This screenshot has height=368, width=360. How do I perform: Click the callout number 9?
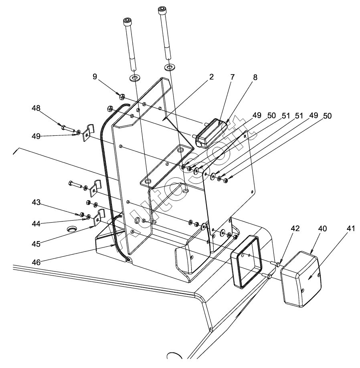coord(95,76)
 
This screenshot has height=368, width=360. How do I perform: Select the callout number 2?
coord(211,77)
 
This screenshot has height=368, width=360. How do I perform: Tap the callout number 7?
coord(233,77)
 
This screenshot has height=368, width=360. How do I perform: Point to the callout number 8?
coord(255,77)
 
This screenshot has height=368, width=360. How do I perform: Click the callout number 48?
coord(36,108)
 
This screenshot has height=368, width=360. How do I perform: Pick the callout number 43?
coord(36,202)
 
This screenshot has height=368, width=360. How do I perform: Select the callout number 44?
coord(36,224)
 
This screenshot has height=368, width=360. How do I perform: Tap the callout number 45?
coord(36,244)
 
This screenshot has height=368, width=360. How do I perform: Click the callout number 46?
coord(36,262)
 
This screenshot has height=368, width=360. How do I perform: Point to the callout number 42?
coord(295,228)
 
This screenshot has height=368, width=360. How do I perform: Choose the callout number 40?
coord(322,228)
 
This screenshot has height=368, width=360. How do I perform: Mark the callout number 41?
coord(351,228)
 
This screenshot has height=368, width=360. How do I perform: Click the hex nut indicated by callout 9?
coord(122,96)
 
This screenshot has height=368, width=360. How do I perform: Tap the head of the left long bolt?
coord(127,22)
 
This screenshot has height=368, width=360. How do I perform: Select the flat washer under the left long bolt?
coord(134,78)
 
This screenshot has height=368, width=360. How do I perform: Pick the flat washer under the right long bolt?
coord(170,67)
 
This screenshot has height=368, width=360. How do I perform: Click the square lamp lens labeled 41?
coord(301,279)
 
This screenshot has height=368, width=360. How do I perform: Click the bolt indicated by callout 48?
coord(69,129)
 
